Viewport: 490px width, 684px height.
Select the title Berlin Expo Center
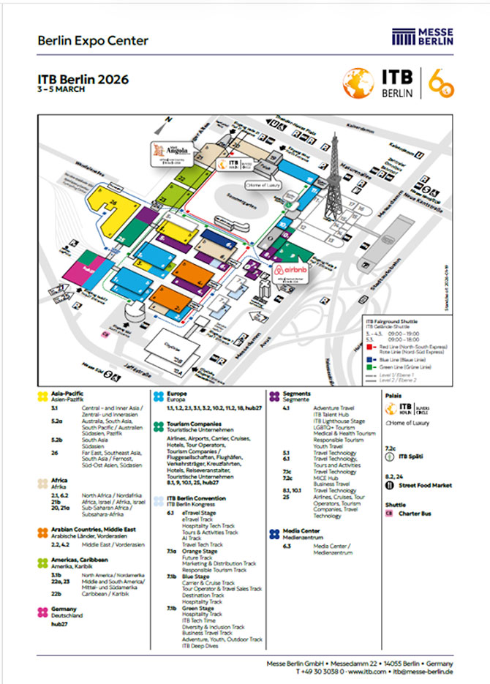[93, 40]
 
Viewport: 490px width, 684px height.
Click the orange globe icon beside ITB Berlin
[359, 83]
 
